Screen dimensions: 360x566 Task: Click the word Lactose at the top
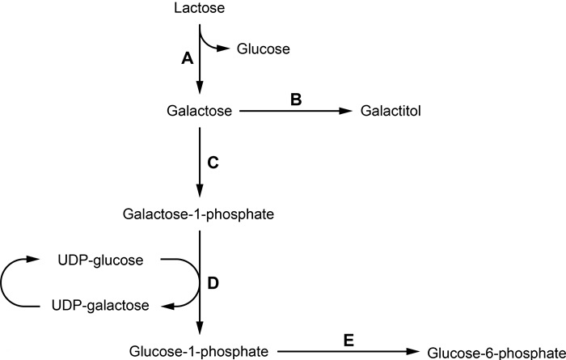coord(198,9)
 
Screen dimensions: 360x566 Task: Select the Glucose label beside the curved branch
coord(263,50)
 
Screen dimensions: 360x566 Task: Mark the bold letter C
coord(213,162)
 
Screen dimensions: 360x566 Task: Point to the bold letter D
coord(213,283)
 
